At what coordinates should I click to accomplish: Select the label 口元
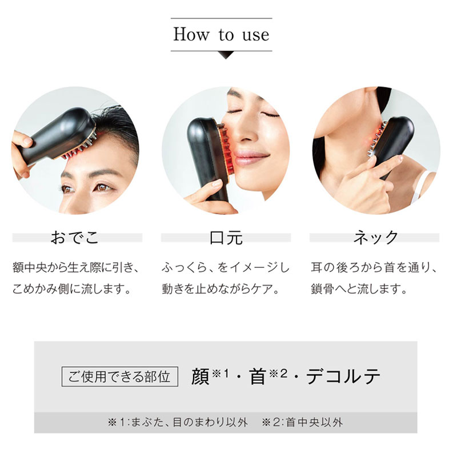(226, 237)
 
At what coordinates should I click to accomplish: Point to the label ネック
(375, 237)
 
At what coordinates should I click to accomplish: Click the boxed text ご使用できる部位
(119, 376)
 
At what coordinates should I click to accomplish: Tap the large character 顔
(201, 377)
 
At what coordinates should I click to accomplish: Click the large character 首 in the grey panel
(258, 377)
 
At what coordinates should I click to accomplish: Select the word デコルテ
(343, 377)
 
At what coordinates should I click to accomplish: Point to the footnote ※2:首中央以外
(303, 423)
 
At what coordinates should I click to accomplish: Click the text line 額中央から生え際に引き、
(76, 267)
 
